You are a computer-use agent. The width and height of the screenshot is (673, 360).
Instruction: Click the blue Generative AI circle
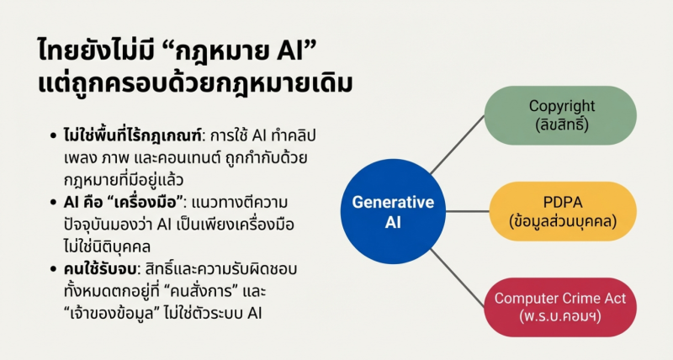tap(393, 211)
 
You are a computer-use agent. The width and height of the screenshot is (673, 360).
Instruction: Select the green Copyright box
tap(560, 115)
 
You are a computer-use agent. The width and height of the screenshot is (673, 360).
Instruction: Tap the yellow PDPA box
tap(563, 211)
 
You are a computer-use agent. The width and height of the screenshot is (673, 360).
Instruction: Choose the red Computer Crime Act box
tap(560, 307)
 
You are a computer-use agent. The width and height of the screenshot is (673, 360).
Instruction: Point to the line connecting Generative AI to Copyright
tap(458, 144)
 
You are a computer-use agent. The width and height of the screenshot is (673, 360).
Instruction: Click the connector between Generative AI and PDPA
tap(468, 211)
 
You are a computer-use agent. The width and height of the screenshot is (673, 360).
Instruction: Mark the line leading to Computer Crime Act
tap(458, 278)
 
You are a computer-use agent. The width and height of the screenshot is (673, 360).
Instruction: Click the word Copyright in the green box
tap(562, 106)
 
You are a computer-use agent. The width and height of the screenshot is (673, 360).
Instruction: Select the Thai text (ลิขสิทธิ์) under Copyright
tap(562, 124)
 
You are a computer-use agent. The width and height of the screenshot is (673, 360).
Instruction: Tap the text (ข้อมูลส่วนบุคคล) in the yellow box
tap(563, 221)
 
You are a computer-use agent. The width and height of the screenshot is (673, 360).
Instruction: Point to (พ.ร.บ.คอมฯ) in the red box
tap(559, 317)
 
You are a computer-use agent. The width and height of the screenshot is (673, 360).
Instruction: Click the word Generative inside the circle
tap(393, 202)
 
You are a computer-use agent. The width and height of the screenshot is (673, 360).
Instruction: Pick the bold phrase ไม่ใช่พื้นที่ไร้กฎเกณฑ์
tap(132, 135)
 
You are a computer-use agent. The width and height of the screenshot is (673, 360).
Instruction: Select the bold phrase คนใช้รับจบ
tap(100, 269)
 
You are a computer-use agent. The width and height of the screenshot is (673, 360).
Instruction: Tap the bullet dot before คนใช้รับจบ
tap(53, 269)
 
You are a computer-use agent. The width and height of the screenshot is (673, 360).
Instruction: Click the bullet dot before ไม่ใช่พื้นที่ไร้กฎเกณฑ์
tap(53, 136)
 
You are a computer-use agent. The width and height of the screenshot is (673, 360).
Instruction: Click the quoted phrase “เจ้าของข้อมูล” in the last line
tap(112, 314)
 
